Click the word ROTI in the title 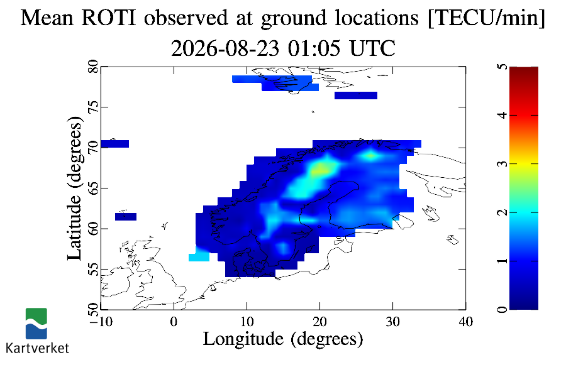109,18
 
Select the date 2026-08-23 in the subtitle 225,48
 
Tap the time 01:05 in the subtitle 314,48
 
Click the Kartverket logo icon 36,324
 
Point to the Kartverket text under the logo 37,348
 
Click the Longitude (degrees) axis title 283,339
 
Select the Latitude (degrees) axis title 75,188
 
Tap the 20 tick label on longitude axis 320,322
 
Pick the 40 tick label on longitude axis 465,322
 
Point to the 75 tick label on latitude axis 94,107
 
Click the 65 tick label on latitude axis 94,188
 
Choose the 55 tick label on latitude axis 94,269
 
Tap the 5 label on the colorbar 502,67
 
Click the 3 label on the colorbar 502,164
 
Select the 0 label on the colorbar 502,309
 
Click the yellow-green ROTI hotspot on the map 321,168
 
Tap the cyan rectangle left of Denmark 199,256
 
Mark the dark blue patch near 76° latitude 356,96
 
